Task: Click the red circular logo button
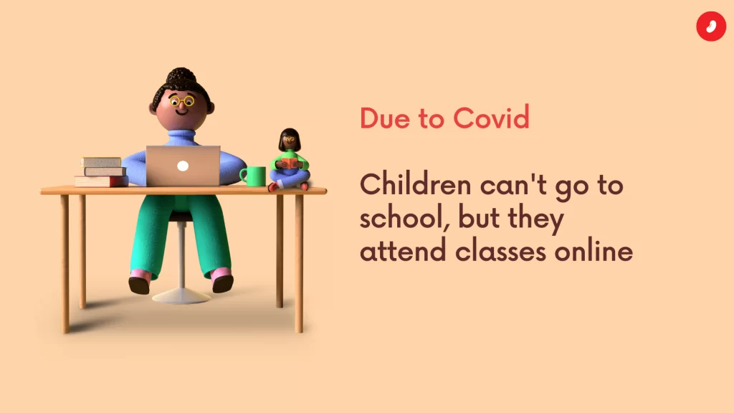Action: [x=711, y=27]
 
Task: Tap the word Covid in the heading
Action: [x=491, y=118]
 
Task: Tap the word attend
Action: [x=403, y=251]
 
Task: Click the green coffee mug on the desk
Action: [x=253, y=176]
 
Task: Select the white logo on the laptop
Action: [x=183, y=166]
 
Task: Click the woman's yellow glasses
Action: [x=182, y=101]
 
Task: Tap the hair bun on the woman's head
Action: [x=181, y=75]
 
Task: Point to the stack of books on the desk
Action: [x=101, y=172]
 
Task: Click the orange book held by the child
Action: [x=290, y=163]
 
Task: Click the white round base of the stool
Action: [x=181, y=296]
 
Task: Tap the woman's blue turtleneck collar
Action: [x=181, y=137]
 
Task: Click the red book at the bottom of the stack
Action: [x=101, y=181]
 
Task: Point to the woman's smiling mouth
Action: [x=181, y=112]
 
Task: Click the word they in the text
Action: [x=535, y=218]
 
